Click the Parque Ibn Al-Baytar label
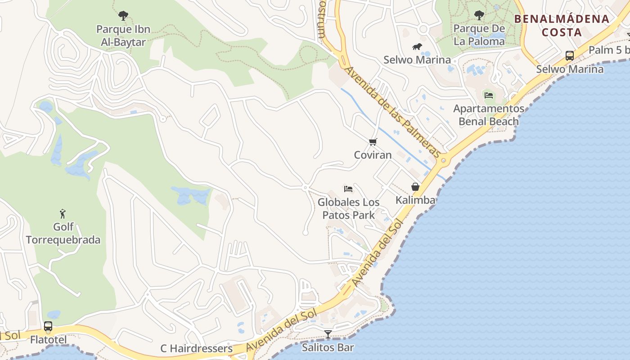123,36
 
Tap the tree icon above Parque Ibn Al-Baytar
123,16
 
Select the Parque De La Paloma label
479,35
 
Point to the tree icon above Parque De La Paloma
479,15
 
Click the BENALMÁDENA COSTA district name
562,26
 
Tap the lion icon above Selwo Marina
417,46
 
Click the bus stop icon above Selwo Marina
569,56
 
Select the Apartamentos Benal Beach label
488,115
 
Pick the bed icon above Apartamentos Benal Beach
488,95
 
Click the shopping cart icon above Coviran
373,142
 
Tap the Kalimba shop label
415,200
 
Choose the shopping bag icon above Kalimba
415,187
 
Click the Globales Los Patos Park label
348,209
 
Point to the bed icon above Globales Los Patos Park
348,189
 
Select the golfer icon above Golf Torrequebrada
63,213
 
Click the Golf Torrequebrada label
63,233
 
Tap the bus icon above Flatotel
48,326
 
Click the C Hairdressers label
197,349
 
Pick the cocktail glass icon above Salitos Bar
328,334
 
